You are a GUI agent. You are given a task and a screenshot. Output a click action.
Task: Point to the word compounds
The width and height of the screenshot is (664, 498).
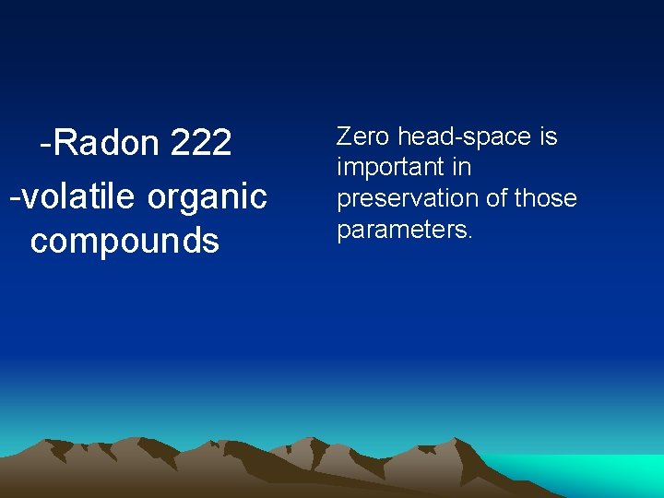pos(125,240)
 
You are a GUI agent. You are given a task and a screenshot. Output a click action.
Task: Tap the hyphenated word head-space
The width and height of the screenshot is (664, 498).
pos(465,137)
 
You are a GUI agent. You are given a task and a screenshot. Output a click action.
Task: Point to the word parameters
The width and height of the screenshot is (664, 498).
pos(402,230)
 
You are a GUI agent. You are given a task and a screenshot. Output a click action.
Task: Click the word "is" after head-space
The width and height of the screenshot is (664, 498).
pos(549,136)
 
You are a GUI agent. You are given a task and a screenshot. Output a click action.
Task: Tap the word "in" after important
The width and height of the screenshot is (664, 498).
pos(462,167)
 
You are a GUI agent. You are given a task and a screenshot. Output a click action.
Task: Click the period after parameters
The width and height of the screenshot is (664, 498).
pos(470,236)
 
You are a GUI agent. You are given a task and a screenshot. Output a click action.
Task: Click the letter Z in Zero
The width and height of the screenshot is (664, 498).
pos(344,136)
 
